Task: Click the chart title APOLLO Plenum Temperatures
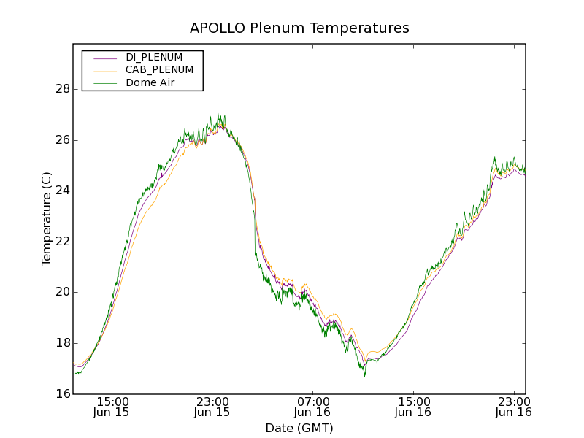(299, 28)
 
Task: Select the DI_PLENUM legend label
(154, 57)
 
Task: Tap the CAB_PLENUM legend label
(159, 70)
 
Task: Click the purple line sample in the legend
(104, 57)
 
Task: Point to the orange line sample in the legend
(104, 70)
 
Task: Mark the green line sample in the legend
(104, 83)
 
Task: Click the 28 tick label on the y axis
(62, 89)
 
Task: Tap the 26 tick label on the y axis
(62, 140)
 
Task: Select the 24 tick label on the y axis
(62, 191)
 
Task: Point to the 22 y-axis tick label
(62, 242)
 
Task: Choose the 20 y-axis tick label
(62, 292)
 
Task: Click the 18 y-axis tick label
(62, 343)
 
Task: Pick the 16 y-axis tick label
(62, 394)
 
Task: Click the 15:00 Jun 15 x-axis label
(112, 406)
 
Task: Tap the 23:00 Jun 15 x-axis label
(212, 406)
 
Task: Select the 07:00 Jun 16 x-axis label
(313, 406)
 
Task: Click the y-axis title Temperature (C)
(47, 219)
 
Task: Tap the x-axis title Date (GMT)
(299, 428)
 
